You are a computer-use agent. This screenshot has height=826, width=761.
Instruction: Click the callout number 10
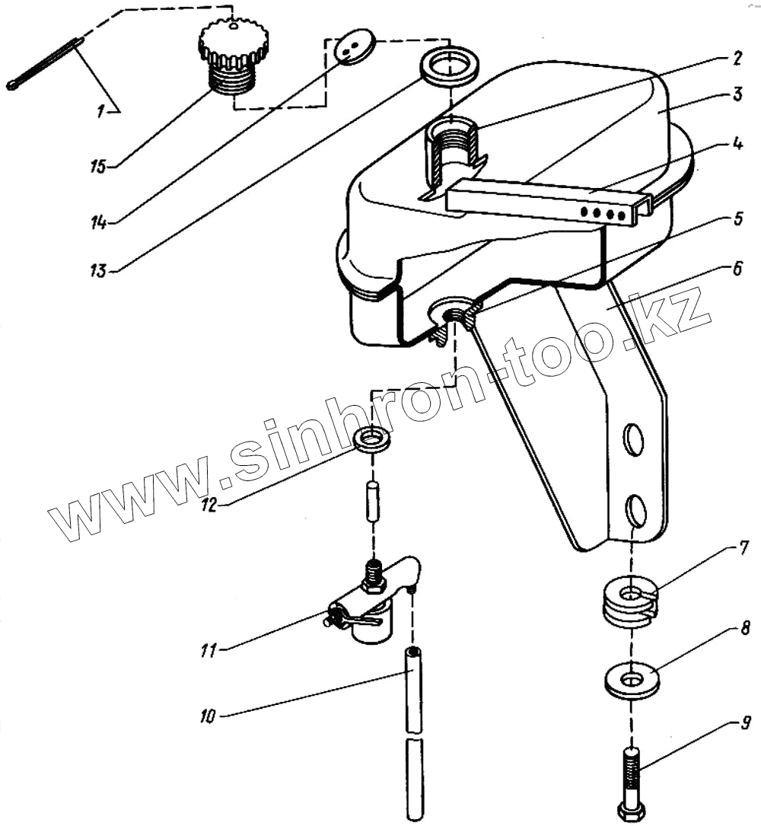tap(208, 716)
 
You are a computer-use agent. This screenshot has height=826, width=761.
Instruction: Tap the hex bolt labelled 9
tap(634, 780)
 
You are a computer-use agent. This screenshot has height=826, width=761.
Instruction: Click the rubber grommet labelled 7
tap(629, 603)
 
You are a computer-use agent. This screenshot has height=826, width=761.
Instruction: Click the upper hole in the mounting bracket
tap(633, 440)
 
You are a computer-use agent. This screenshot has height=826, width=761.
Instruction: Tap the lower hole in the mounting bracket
tap(636, 512)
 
